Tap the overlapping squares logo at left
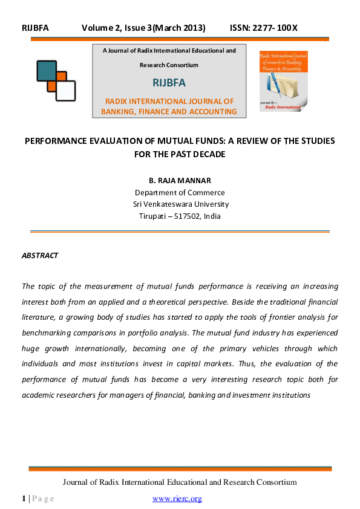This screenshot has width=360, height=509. [x=56, y=80]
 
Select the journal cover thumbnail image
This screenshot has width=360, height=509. [x=284, y=81]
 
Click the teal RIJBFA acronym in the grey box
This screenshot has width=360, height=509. [x=169, y=83]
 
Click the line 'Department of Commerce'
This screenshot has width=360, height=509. [x=180, y=193]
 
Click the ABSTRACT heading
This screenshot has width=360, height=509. [x=40, y=256]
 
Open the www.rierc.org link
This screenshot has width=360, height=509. [x=177, y=499]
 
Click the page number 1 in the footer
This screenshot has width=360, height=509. [x=24, y=499]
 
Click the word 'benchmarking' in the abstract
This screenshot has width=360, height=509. [x=47, y=333]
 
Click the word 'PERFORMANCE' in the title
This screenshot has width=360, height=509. [x=54, y=141]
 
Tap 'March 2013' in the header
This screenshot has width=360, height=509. [x=182, y=28]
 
